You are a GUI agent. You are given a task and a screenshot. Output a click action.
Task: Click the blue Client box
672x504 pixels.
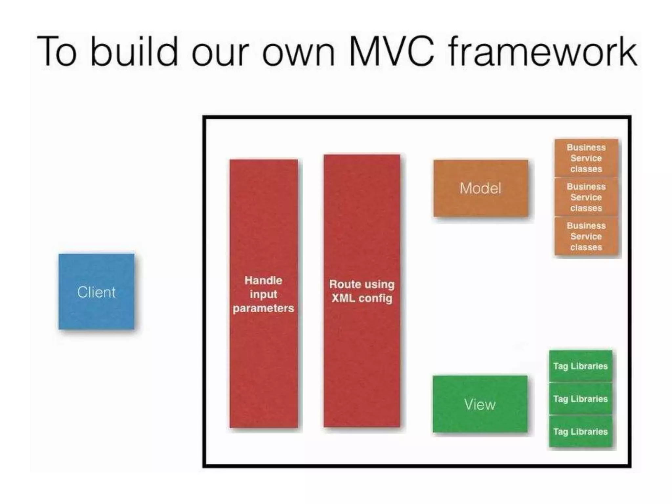pos(96,291)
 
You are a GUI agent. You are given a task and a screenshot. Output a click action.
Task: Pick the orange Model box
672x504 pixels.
pos(480,188)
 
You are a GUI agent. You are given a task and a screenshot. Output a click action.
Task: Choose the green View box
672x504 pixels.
pos(480,404)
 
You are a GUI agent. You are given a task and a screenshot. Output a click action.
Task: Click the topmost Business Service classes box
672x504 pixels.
pos(586,158)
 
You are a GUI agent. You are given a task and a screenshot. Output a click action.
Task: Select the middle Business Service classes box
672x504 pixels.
pos(586,197)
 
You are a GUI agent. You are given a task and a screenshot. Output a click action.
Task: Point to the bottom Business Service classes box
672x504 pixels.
pos(586,236)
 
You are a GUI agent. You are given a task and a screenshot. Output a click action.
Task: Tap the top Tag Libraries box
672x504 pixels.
pos(580,366)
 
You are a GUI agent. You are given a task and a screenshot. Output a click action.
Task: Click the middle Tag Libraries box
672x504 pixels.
pos(580,399)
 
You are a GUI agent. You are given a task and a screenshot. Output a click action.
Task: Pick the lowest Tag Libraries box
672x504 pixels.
pos(580,431)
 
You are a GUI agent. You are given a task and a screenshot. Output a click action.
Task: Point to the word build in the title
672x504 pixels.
pos(134,52)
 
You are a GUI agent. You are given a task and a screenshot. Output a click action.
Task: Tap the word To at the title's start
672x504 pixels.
pos(57,52)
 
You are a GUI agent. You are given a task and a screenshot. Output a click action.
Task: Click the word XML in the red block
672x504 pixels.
pos(343,298)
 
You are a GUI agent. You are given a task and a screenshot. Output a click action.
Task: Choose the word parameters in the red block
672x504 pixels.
pos(263,308)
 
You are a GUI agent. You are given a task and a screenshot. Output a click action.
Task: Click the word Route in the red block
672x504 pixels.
pos(343,284)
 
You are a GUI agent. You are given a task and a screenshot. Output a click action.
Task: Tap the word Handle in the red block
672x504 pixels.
pos(263,280)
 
